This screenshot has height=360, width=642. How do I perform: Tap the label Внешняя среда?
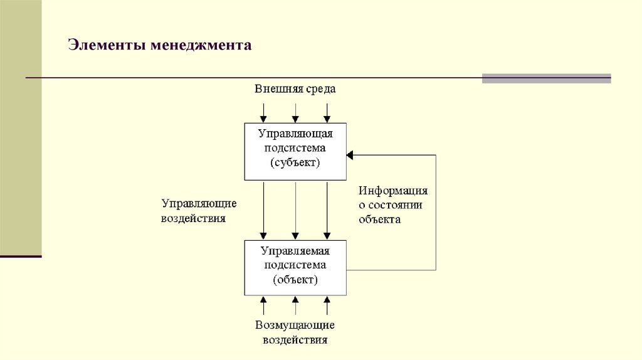pos(295,88)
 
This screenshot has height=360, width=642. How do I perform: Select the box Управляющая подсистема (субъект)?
pos(295,151)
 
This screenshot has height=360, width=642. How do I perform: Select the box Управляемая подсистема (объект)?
pos(295,267)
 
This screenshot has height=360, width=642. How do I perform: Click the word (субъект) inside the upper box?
pos(295,163)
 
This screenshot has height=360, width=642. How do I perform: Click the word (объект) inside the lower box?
pos(295,280)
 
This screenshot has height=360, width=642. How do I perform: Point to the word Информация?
pos(393,191)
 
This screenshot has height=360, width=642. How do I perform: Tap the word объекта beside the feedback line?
pos(379,220)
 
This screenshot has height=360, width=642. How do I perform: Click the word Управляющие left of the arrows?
pos(199,204)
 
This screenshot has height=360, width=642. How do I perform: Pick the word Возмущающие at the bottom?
pos(295,326)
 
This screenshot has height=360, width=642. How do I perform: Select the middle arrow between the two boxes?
pos(295,210)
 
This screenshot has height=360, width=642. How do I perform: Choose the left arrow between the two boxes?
pos(264,210)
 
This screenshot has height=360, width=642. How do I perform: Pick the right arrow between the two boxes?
pos(327,210)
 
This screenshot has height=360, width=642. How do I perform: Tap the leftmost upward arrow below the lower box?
pos(264,305)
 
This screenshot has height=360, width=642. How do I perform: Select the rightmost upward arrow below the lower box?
pos(327,305)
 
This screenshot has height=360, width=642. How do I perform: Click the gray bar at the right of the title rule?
pos(546,78)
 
